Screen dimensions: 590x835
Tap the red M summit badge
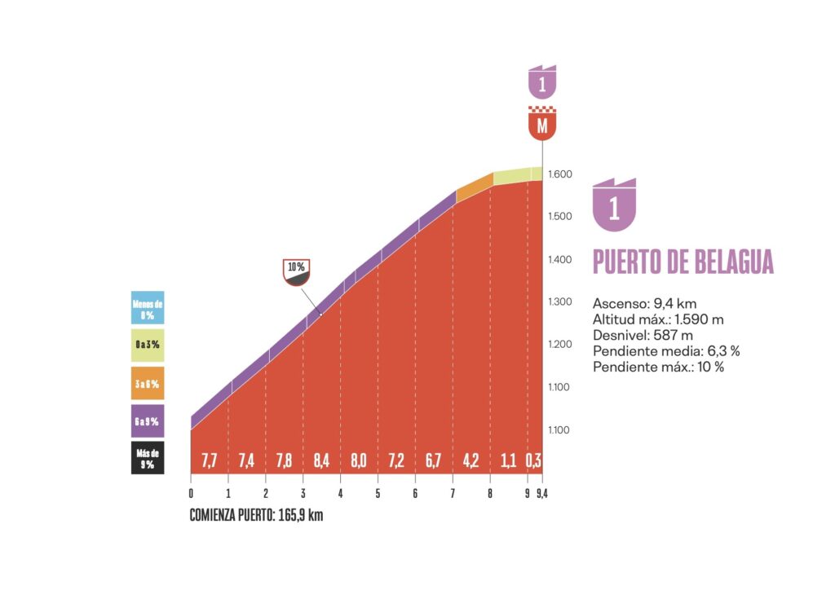[541, 124]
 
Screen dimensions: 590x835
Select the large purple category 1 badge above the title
[614, 205]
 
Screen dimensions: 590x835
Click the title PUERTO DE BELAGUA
[683, 262]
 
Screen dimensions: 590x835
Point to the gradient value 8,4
[321, 460]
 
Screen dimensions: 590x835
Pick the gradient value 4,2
[471, 460]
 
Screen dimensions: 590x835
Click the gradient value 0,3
[533, 460]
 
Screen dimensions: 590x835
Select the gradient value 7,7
[209, 460]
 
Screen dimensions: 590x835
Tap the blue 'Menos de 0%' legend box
[148, 308]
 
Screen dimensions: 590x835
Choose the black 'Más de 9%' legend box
[148, 456]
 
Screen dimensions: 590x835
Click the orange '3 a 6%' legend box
[148, 383]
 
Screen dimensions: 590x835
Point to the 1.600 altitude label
[561, 174]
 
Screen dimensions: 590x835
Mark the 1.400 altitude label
[561, 260]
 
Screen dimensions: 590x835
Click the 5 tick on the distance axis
[378, 493]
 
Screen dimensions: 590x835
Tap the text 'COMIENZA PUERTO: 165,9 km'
[256, 515]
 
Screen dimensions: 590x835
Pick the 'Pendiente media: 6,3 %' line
[666, 350]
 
